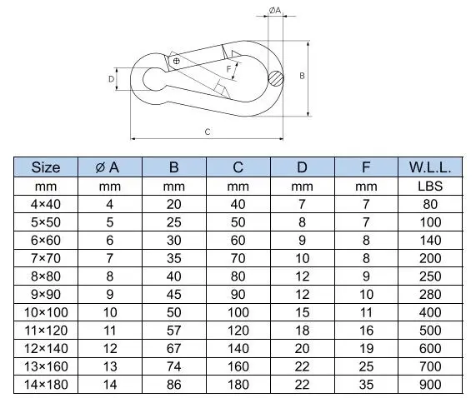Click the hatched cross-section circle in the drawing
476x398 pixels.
[276, 78]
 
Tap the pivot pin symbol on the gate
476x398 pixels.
[176, 61]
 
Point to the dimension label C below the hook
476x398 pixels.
[208, 132]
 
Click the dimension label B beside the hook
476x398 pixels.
[302, 76]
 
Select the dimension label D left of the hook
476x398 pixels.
[112, 79]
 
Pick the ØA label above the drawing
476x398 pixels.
[275, 10]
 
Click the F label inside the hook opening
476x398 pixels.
[229, 69]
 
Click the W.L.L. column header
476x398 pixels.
[430, 167]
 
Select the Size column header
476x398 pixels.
[46, 167]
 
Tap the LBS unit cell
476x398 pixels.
[430, 187]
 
